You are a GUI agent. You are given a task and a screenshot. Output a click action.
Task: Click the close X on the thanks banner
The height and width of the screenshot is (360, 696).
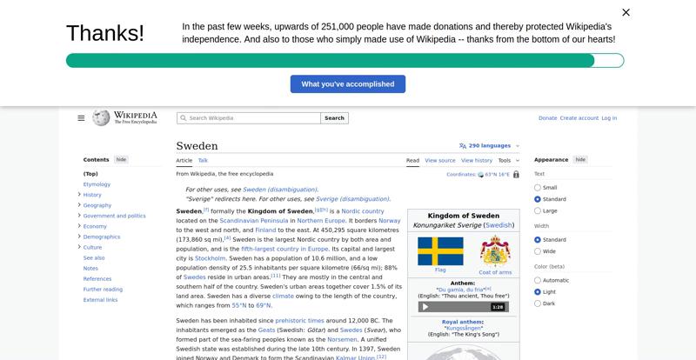626,12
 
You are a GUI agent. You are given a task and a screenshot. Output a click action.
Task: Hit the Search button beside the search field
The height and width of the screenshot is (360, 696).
335,117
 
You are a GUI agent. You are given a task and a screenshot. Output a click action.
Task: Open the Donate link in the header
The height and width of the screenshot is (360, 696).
547,117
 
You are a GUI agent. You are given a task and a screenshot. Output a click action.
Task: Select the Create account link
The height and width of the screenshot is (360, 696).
579,117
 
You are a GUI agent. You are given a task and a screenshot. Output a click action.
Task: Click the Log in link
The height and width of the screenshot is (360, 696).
609,117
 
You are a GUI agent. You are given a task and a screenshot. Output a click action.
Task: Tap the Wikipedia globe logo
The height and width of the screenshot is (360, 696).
101,117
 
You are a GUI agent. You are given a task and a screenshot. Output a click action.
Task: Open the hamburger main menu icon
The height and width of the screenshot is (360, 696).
81,117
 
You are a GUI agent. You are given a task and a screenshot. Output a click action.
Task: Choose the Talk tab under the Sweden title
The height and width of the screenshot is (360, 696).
203,160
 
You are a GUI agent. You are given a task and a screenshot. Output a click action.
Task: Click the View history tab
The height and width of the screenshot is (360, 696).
477,160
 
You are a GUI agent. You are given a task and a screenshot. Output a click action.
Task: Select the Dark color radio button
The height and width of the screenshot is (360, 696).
538,303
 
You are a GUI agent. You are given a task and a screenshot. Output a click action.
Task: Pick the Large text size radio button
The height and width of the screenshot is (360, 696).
538,210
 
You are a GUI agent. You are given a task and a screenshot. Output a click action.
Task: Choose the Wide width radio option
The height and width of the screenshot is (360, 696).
538,251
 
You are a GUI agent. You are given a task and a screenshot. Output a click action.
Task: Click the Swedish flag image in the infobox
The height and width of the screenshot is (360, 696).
440,251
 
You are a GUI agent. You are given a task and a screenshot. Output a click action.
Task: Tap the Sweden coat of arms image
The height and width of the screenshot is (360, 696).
495,251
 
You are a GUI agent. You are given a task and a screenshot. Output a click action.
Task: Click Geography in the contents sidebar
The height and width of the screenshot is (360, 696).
97,205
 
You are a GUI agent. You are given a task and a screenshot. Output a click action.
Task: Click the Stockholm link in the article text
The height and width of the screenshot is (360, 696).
211,258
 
